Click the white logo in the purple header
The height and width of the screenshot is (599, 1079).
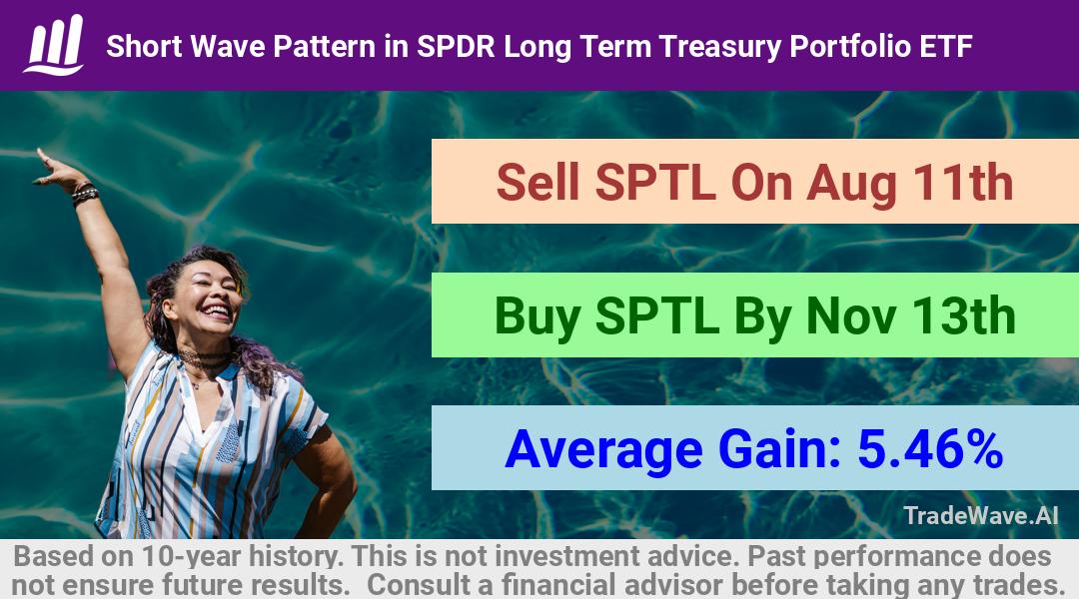click(x=54, y=45)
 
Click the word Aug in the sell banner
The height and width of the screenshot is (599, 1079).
click(x=851, y=185)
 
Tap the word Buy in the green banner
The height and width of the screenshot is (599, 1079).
click(x=537, y=317)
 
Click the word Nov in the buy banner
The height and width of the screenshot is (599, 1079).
click(x=850, y=316)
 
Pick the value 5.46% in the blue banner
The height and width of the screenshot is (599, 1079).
click(x=930, y=449)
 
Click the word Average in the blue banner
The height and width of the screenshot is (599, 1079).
click(x=603, y=451)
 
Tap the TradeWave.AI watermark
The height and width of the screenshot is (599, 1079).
click(x=981, y=515)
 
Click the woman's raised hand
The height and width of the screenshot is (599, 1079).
click(x=56, y=170)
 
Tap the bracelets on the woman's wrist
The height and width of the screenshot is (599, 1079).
click(x=85, y=194)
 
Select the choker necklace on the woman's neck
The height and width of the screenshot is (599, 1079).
click(x=204, y=357)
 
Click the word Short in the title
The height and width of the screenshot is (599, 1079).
click(x=144, y=47)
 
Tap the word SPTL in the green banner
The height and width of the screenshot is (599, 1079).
click(x=657, y=316)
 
